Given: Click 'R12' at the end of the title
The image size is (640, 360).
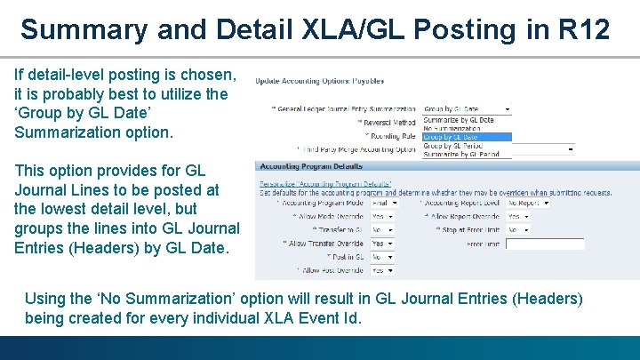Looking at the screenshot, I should coord(584,29).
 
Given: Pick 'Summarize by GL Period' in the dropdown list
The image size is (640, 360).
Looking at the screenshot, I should coord(460,154).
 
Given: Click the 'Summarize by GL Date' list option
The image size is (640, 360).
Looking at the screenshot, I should coord(459,119).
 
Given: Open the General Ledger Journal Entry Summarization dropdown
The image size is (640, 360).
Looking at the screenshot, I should coord(468,109).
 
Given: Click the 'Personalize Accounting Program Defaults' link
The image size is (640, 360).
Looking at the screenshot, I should coord(318,185).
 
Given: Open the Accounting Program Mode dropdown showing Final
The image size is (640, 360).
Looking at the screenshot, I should coord(384,203).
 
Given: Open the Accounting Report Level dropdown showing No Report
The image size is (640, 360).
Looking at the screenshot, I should coord(528,203).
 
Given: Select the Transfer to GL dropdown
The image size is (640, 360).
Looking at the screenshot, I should coord(382,229).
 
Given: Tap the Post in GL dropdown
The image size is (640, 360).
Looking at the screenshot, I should coord(382,257).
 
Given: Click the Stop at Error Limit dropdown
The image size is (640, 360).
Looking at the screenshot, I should coord(518,229).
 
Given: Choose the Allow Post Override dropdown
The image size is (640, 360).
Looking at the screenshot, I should coord(382,270).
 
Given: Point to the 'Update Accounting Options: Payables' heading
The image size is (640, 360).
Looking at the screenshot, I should coord(320,81).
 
